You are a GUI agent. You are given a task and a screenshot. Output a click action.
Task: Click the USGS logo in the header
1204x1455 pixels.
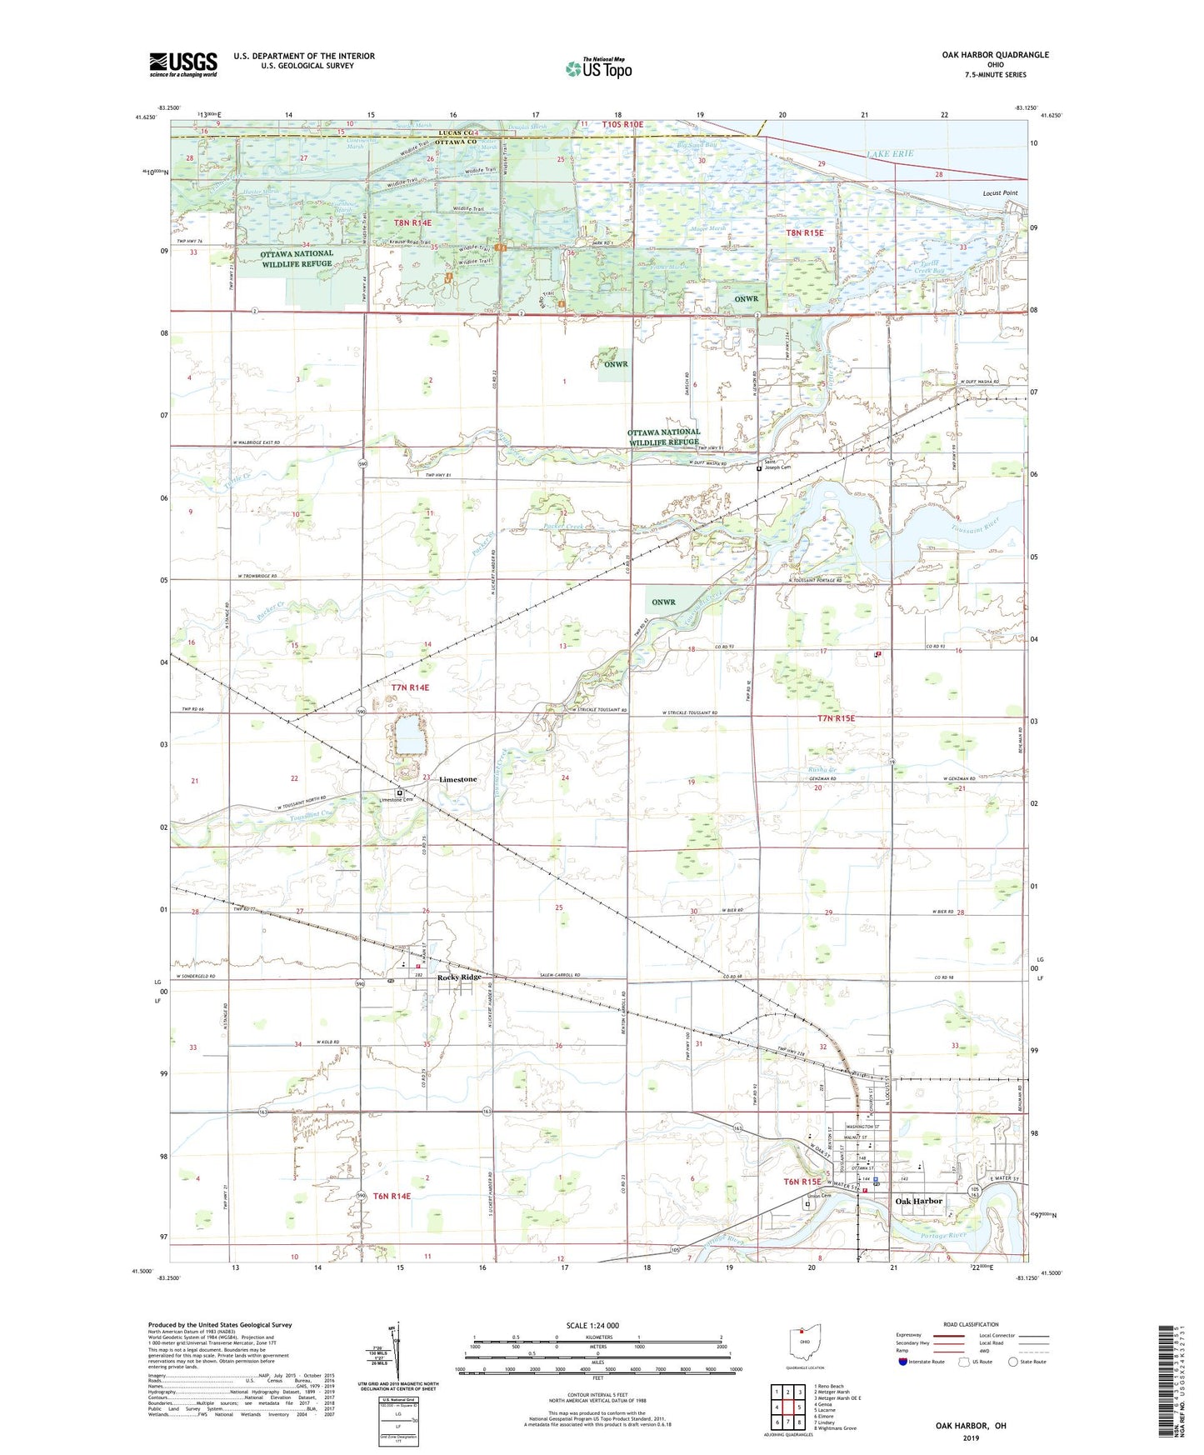point(183,64)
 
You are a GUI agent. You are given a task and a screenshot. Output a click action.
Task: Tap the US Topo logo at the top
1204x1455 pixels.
point(598,68)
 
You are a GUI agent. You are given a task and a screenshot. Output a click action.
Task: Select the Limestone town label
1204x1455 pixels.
point(457,779)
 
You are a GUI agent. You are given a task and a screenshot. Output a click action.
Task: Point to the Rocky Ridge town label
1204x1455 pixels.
point(459,977)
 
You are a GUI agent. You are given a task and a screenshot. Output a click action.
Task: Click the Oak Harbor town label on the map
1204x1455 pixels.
point(918,1201)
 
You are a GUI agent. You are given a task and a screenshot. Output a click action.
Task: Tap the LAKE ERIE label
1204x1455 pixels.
point(890,154)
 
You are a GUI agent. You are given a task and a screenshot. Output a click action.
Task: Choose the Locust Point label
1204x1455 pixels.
point(1000,193)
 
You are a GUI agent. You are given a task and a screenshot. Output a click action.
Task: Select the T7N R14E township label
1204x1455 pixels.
point(410,687)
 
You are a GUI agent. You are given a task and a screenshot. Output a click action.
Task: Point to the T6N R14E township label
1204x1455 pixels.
point(392,1196)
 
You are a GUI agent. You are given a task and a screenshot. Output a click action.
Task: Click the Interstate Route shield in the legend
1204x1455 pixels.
point(903,1362)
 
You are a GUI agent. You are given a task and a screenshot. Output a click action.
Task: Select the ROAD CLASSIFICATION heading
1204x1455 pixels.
point(971,1324)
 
